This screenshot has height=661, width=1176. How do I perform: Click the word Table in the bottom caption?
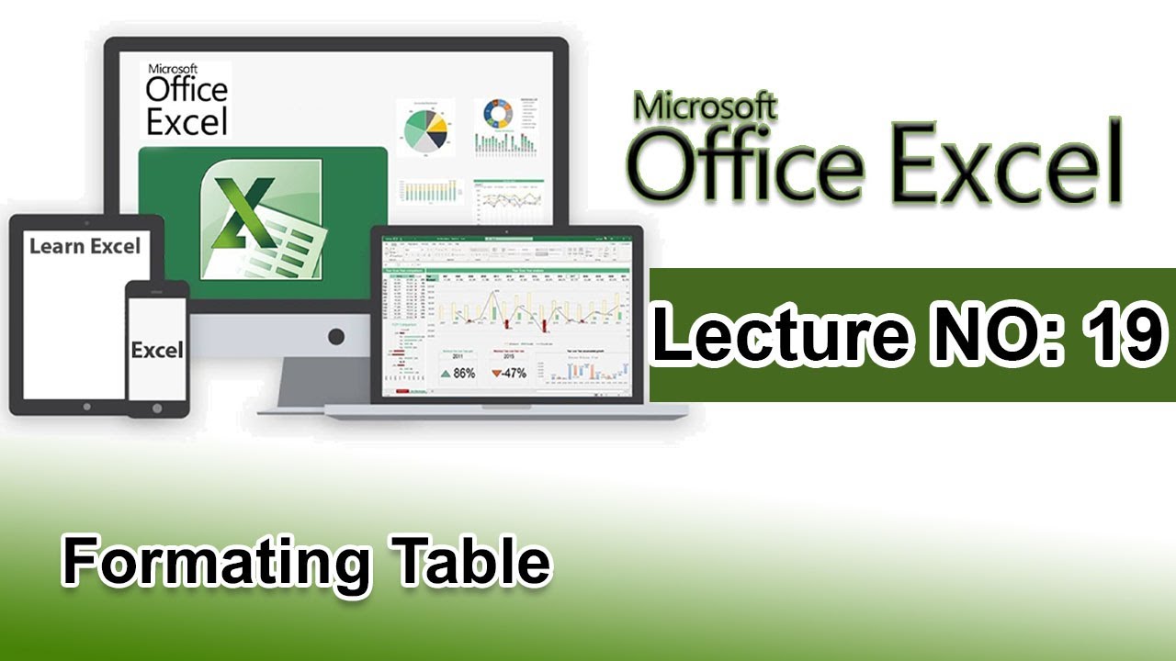point(470,561)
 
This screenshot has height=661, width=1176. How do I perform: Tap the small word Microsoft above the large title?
point(706,106)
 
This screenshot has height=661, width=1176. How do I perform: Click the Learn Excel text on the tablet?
point(85,246)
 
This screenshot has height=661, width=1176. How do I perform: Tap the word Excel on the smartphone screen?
point(157,350)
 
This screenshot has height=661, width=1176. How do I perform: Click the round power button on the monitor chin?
point(336,337)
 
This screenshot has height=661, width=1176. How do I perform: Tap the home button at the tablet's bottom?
point(85,405)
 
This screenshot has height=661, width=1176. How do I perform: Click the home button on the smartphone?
point(157,409)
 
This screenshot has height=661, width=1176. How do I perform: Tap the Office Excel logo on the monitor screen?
point(186,98)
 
